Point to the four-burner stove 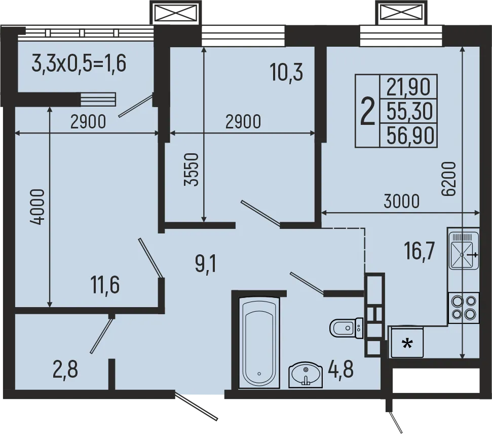click(x=464, y=308)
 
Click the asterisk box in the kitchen click(x=406, y=344)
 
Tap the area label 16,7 click(x=420, y=251)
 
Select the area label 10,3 click(x=286, y=73)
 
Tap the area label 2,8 click(x=65, y=369)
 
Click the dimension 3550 click(x=191, y=170)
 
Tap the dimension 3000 click(x=401, y=201)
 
